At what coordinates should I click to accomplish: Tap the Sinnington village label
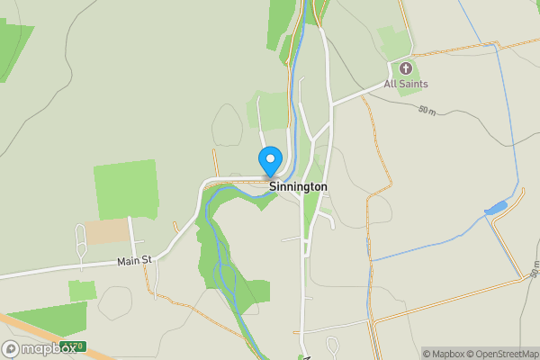pos(298,187)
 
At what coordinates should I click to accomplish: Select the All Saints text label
pos(406,85)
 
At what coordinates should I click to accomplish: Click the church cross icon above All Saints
pos(405,68)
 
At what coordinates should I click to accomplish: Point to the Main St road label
pos(136,261)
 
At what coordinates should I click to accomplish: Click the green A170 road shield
pos(73,346)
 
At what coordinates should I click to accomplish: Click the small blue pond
pos(496,210)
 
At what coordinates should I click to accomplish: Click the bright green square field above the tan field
pos(125,189)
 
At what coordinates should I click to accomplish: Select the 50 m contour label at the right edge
pos(534,269)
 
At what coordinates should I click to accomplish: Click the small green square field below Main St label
pos(82,291)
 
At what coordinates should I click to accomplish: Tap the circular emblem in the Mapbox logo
pos(11,348)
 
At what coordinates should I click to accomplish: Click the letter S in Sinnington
pos(273,187)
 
